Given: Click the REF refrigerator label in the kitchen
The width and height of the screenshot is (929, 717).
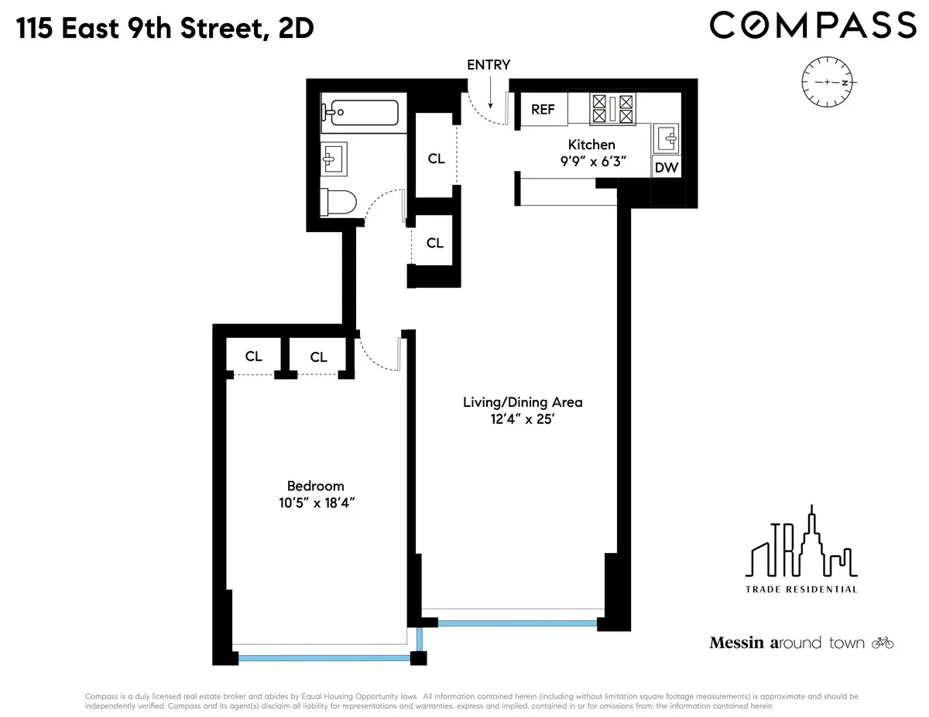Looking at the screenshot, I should [x=543, y=109].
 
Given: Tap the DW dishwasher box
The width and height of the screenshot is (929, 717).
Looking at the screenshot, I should [x=667, y=167].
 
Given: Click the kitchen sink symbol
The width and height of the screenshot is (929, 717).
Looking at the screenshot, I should [x=667, y=138].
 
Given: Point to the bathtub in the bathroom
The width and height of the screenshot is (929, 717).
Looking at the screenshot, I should [x=361, y=113].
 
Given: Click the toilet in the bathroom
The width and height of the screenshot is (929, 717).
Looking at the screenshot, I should [x=339, y=203].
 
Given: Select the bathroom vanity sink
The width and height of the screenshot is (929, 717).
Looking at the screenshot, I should [x=334, y=159].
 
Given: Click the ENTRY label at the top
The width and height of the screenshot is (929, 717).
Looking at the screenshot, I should [x=488, y=65].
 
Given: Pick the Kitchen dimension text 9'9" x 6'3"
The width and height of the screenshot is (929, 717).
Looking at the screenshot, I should [x=591, y=162].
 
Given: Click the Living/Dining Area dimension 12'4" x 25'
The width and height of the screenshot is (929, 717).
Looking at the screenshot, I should [x=523, y=421].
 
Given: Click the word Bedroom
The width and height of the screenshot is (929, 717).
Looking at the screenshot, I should [x=315, y=486].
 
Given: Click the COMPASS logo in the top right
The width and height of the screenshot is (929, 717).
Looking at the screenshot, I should [x=813, y=25].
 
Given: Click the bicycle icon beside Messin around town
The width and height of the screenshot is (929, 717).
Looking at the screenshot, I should [x=883, y=642].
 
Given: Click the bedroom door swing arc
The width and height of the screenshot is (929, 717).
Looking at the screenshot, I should [x=377, y=357].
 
